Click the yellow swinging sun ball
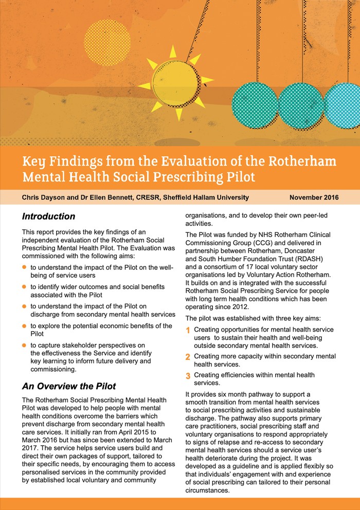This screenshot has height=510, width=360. coord(175,82)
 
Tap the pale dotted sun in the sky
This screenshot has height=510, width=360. coord(107,42)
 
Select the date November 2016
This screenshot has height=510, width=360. coord(314,197)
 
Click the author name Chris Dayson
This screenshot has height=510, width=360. coord(43,197)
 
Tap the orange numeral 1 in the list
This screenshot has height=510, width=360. coord(188,330)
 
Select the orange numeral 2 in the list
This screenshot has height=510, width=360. coord(188,357)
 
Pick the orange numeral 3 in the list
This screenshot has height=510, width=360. coord(188,375)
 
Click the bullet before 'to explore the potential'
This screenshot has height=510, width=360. coord(24,326)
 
